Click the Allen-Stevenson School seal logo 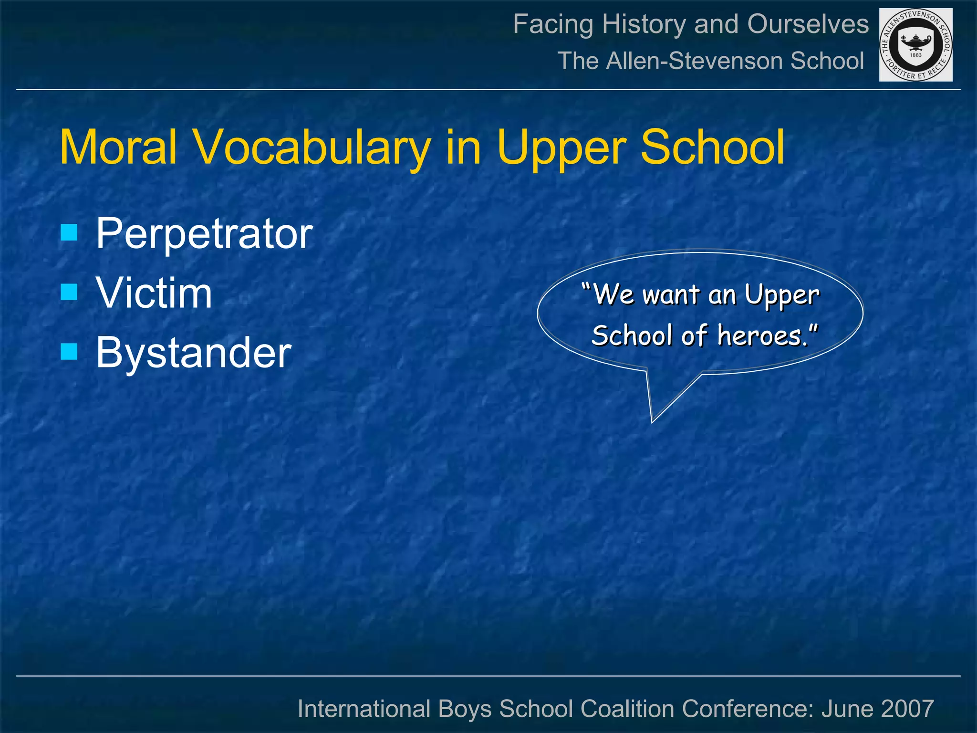click(x=915, y=45)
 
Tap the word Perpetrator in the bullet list click(x=204, y=234)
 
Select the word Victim click(x=154, y=293)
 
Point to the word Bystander click(x=193, y=353)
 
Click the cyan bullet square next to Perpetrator click(x=69, y=232)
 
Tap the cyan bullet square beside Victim click(x=69, y=292)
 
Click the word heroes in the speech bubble click(x=762, y=335)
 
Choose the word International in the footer click(x=363, y=709)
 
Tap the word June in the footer click(x=846, y=709)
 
